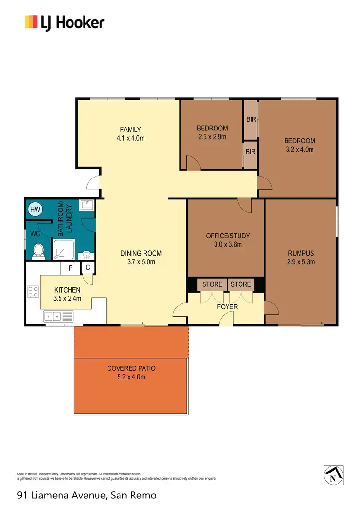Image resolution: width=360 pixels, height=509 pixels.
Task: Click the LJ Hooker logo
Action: [x=64, y=23]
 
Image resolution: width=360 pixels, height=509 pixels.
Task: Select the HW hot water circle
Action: [x=35, y=209]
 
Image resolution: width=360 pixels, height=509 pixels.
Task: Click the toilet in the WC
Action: [x=38, y=250]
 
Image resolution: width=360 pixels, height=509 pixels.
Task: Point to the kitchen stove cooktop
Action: [x=33, y=292]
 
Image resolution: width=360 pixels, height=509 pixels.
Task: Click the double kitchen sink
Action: [x=53, y=316]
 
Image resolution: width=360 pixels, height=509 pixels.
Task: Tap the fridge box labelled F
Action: [x=70, y=268]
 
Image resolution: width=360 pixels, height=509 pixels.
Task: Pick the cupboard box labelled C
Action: [x=88, y=268]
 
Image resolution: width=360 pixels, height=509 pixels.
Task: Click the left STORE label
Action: [x=212, y=284]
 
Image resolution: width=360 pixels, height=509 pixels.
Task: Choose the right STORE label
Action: [x=240, y=284]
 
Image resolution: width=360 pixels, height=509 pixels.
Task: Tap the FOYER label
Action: [x=227, y=307]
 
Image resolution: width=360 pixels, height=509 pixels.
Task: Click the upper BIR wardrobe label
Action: [x=251, y=119]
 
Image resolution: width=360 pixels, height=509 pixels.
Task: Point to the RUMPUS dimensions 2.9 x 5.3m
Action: [x=301, y=262]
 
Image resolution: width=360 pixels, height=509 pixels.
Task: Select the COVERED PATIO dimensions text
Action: [x=131, y=377]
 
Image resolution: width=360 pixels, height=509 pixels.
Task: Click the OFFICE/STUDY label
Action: [x=228, y=236]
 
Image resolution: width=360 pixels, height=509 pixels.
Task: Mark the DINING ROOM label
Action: [x=141, y=253]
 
